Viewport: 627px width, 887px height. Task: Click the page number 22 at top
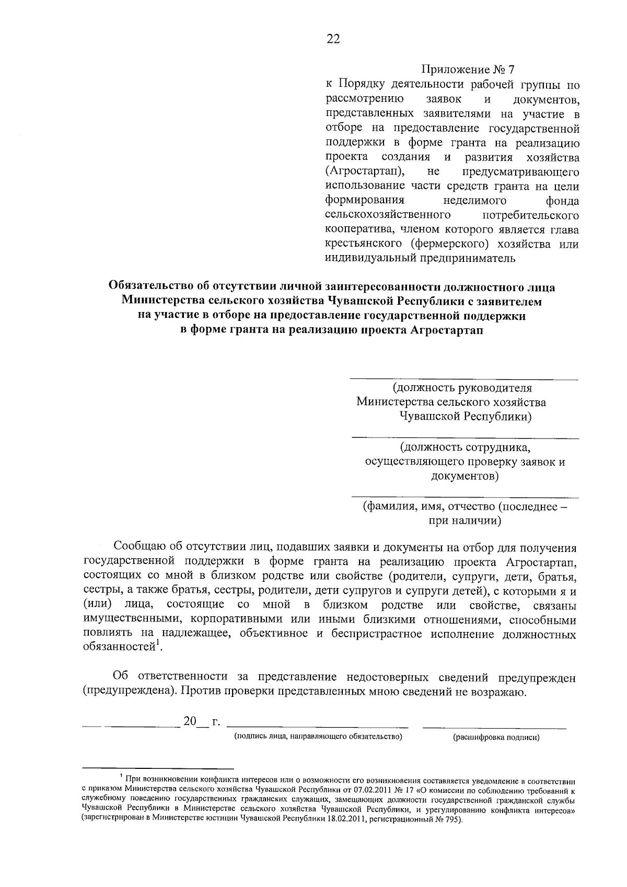click(333, 39)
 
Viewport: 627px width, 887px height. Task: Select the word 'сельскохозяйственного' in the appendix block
click(388, 215)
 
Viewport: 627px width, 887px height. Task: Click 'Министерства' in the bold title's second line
click(160, 302)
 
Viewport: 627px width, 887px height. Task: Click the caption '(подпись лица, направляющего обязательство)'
click(318, 737)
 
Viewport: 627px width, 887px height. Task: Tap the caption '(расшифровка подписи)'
click(496, 737)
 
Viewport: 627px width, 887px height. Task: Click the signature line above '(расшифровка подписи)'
click(494, 727)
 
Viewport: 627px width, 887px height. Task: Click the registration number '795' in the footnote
click(451, 820)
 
